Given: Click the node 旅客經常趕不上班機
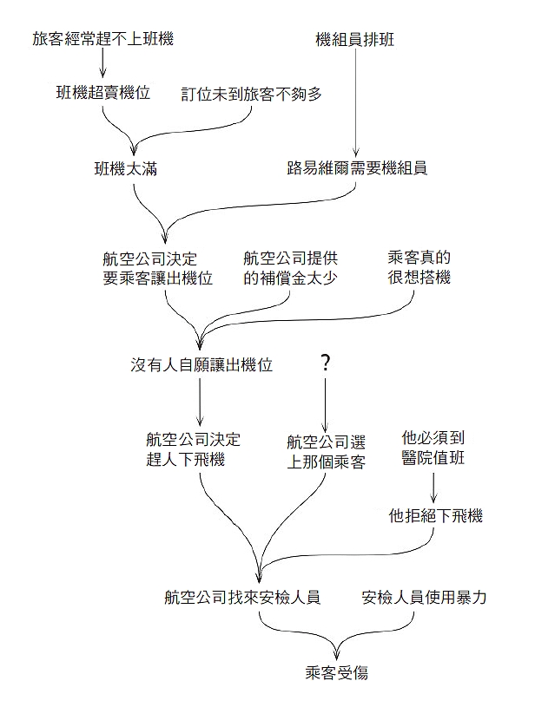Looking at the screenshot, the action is [103, 39].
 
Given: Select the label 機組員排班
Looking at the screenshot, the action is [355, 40].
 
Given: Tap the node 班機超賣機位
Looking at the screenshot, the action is [103, 93].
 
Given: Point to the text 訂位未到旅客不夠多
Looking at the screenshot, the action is [252, 95].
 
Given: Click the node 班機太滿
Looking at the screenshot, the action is [126, 169].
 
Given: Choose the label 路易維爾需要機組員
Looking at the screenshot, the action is [357, 168].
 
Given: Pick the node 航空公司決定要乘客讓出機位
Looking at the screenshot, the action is [157, 268].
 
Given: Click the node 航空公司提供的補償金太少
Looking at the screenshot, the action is [290, 268].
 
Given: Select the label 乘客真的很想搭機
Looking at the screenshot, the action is [419, 267].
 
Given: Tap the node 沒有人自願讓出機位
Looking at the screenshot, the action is [201, 364].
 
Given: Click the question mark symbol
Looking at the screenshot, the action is [325, 363].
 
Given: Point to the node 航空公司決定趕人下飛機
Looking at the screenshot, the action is [193, 449].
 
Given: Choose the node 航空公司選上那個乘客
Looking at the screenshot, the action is [326, 452].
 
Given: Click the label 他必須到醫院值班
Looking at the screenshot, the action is [433, 448].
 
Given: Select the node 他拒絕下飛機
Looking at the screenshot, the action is [436, 515].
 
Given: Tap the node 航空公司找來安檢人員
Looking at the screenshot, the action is [242, 598].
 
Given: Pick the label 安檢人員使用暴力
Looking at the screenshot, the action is [424, 598].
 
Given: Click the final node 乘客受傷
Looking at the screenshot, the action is [337, 673].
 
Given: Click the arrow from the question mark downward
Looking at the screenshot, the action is [325, 405].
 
